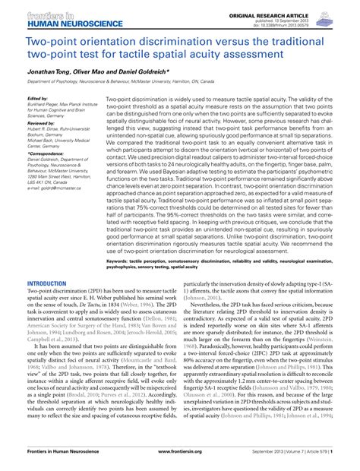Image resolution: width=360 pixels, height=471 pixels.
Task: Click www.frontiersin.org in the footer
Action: point(180,462)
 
